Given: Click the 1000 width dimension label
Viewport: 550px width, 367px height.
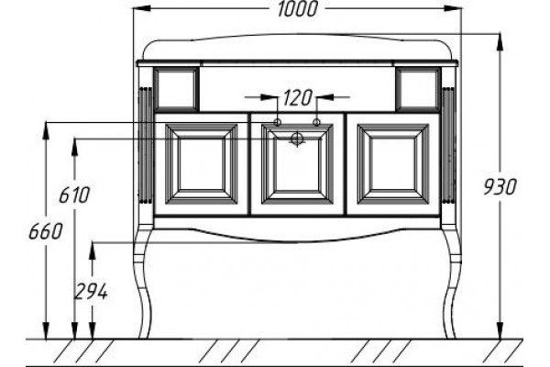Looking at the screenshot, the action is (297, 9).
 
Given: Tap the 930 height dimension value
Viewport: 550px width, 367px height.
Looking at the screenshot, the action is (500, 187).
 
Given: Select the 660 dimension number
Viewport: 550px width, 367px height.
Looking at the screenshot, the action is (45, 231).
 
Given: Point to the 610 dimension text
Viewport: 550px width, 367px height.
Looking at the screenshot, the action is (74, 195).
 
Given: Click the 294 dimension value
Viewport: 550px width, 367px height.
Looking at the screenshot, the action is (91, 292).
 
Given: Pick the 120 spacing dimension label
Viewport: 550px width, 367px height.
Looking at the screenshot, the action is (297, 98).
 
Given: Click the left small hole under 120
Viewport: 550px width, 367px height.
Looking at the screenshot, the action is (277, 122).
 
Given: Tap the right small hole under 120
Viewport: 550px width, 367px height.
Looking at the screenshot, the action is (316, 122).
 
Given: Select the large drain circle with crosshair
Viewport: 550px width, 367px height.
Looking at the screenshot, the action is (297, 139).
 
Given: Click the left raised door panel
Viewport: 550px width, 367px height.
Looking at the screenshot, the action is (201, 164).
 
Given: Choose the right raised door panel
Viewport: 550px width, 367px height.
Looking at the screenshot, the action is (393, 164).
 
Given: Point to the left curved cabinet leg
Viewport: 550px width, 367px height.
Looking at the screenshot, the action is (143, 281).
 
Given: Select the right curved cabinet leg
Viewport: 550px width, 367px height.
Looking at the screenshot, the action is (451, 281).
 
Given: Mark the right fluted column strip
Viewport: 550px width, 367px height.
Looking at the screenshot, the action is (448, 145).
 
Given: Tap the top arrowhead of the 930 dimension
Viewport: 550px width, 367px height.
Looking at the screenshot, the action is (500, 43).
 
